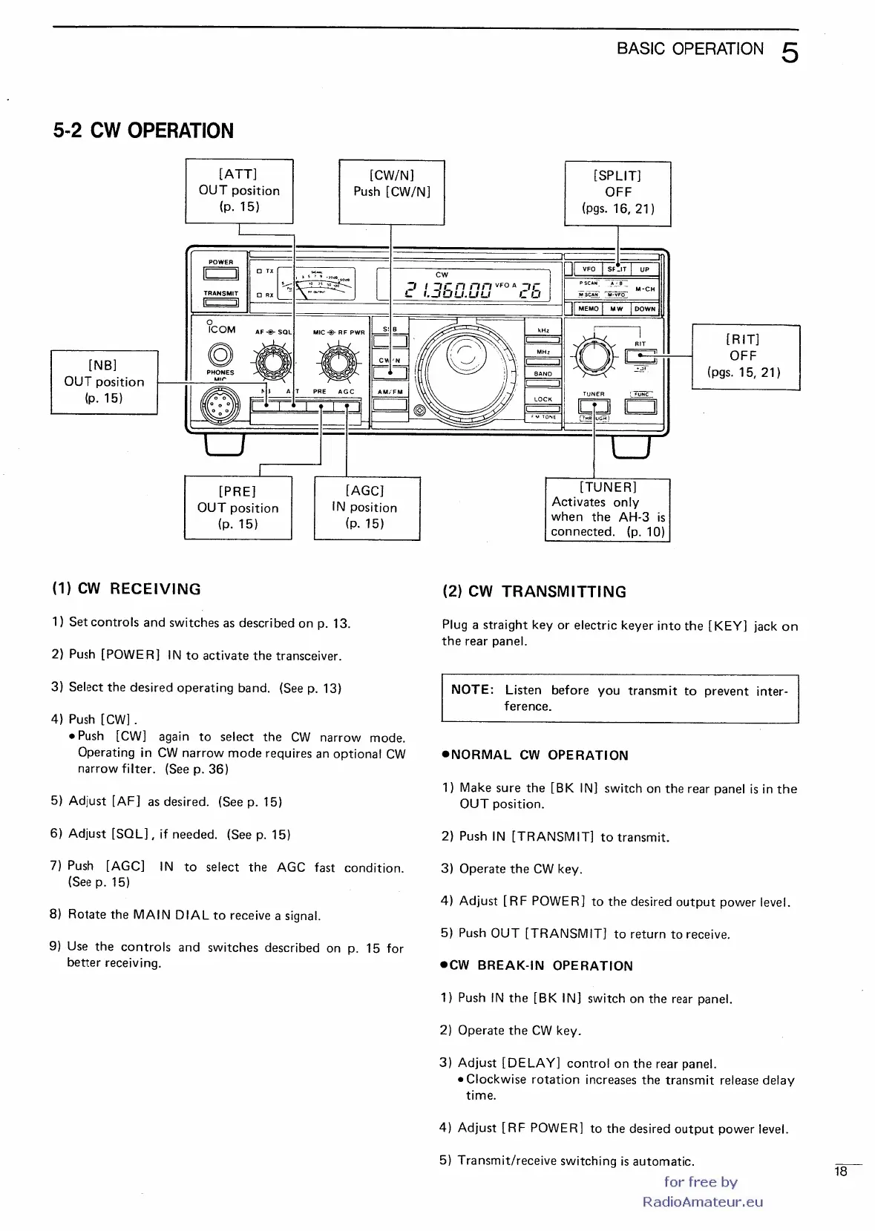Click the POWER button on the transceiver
[x=220, y=274]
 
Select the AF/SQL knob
[x=274, y=362]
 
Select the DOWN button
[x=644, y=309]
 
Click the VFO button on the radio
[x=589, y=269]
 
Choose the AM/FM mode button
[x=390, y=404]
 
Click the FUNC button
[x=640, y=406]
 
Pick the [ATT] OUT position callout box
[x=239, y=191]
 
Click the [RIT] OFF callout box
[x=745, y=356]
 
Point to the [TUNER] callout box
[x=607, y=509]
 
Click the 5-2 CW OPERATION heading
[x=143, y=131]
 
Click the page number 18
[x=841, y=1172]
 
